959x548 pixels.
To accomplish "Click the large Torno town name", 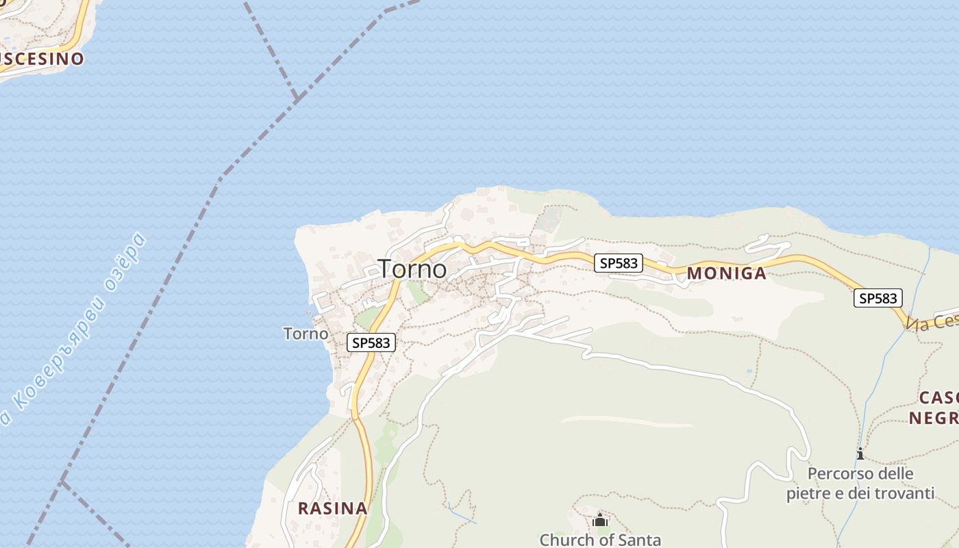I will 412,269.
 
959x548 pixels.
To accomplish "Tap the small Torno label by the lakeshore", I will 306,334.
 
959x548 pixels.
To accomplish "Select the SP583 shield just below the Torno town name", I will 372,342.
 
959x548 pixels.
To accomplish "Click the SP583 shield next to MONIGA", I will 618,263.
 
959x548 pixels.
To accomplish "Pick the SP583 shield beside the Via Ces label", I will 877,298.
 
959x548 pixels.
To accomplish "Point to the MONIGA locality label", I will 726,273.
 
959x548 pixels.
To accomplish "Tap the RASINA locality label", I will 332,508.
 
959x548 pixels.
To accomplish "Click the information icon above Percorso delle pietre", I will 860,453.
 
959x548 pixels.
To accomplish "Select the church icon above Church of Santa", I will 600,520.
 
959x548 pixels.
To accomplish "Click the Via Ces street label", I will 932,321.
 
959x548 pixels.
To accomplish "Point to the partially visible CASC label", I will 938,398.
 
